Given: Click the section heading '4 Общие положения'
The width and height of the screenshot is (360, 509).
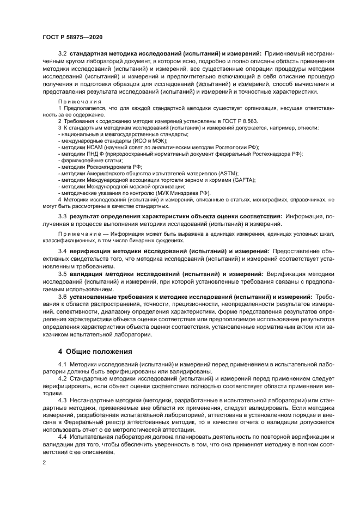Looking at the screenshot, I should tap(95, 351).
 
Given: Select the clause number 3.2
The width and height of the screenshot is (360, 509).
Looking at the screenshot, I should tap(62, 53).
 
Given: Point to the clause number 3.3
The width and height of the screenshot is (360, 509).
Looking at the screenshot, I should tap(62, 216).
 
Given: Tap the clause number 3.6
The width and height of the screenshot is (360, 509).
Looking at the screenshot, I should tap(62, 297).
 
